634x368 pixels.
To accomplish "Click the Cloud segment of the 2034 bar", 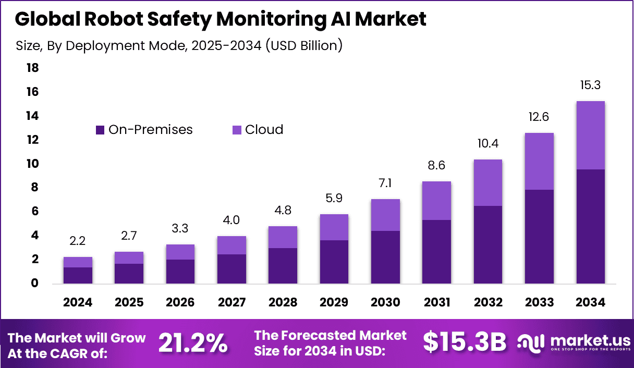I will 590,135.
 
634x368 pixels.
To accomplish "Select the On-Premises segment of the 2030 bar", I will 385,257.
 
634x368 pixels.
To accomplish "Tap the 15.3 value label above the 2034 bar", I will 590,85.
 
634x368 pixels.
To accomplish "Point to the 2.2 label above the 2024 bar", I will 78,241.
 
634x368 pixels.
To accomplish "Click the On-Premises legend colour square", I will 100,130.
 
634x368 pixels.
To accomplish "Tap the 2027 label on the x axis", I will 231,303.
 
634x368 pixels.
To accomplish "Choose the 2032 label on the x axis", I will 487,303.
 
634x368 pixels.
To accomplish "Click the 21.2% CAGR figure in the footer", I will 192,344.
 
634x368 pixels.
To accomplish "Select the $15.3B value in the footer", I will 465,342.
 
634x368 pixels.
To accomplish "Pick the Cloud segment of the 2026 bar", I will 180,252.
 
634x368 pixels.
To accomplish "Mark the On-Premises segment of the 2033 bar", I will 539,236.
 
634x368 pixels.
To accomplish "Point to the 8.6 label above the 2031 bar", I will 436,166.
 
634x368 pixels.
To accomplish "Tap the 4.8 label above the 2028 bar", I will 283,211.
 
